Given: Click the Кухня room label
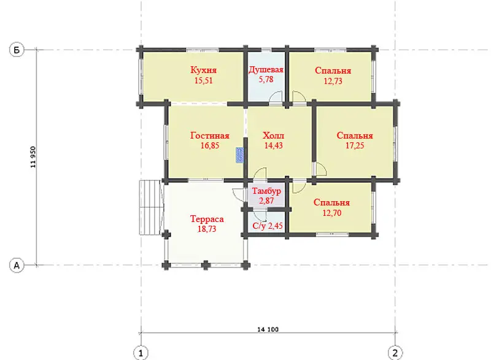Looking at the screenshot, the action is [204, 70].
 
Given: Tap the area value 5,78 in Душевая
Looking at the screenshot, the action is [266, 80].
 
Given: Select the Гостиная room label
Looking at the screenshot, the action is [210, 136].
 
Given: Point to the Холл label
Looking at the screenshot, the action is [273, 136].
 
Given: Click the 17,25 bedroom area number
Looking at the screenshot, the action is [355, 145].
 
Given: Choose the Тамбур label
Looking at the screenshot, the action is [266, 191].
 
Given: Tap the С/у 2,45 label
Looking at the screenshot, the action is [268, 226].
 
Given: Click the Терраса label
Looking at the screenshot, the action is [207, 218].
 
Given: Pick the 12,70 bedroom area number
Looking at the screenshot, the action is [331, 213].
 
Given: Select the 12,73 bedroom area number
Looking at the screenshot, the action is [333, 81].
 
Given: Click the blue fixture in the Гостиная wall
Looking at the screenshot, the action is [240, 155].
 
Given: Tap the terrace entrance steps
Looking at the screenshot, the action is [151, 207].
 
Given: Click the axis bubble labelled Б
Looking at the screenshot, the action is [17, 50].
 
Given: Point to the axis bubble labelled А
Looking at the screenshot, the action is [17, 265].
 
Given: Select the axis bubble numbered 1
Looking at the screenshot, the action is [141, 353].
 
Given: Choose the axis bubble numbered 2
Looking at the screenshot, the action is [395, 353].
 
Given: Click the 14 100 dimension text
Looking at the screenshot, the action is [268, 329].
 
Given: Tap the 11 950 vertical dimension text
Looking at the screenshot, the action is [33, 157].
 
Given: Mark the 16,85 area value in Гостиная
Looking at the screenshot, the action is [210, 145].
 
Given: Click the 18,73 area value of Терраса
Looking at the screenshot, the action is [207, 229].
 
